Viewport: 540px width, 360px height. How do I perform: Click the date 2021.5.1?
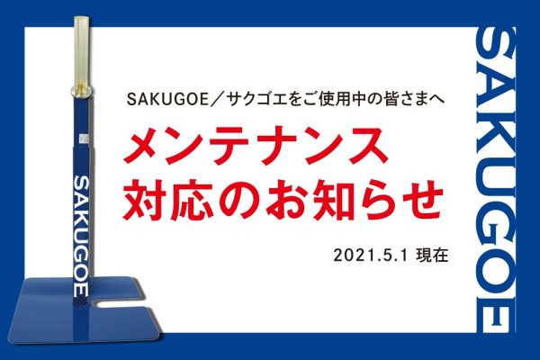[x=371, y=256]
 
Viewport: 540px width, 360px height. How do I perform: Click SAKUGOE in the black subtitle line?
[x=168, y=100]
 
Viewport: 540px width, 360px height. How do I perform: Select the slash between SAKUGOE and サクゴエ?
[x=219, y=100]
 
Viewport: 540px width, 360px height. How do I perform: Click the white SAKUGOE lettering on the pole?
[x=82, y=236]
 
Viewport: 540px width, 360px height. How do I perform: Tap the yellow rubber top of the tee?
[x=82, y=51]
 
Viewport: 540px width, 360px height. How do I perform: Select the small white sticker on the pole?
[x=84, y=139]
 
